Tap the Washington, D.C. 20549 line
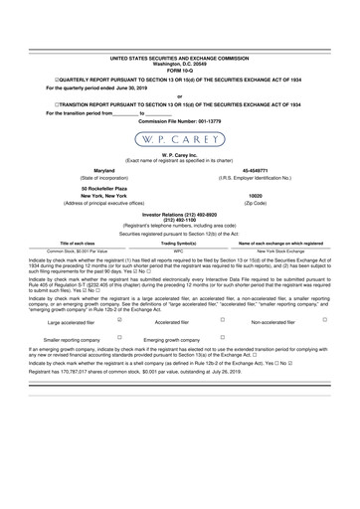(180, 66)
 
